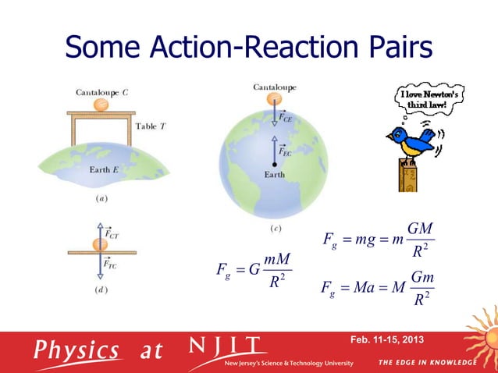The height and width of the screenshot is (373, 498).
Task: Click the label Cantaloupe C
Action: click(x=102, y=92)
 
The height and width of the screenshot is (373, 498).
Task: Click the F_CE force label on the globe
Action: click(x=286, y=118)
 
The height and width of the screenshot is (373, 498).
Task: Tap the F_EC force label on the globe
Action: click(x=286, y=153)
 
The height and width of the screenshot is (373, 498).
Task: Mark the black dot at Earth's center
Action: click(x=274, y=165)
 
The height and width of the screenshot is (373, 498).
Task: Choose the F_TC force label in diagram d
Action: click(x=111, y=265)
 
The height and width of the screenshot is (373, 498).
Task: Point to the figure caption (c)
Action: click(x=275, y=229)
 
